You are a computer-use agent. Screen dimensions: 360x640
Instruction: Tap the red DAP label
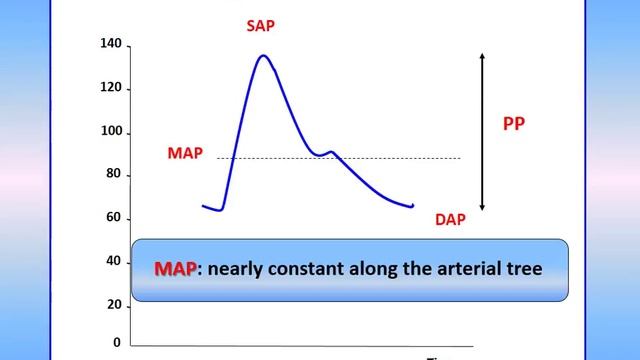(450, 219)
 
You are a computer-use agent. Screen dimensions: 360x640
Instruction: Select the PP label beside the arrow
(513, 126)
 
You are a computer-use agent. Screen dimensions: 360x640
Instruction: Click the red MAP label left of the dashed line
(185, 153)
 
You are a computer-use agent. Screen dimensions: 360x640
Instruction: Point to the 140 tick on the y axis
(111, 44)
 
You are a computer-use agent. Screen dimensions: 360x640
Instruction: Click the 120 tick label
(111, 88)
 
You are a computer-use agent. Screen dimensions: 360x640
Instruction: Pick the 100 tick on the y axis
(111, 132)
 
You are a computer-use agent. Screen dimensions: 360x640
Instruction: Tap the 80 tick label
(114, 175)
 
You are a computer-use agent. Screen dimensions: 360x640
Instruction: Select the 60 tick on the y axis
(114, 218)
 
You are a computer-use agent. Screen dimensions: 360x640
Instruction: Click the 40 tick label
(114, 261)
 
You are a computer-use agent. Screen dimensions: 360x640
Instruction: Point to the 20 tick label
(114, 304)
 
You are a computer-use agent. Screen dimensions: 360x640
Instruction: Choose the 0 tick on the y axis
(117, 342)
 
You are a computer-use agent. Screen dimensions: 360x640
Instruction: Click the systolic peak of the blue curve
(263, 56)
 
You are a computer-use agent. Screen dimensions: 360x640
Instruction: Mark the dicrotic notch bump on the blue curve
(330, 152)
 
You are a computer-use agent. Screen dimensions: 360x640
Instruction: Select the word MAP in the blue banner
(175, 269)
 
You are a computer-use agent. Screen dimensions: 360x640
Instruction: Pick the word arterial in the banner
(468, 269)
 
